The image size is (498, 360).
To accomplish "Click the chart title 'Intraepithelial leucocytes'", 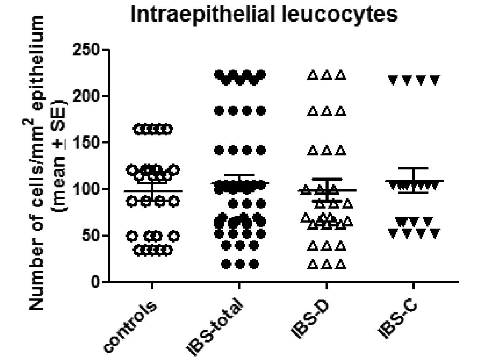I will click(x=264, y=15).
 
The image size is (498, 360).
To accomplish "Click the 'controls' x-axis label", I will click(x=131, y=325).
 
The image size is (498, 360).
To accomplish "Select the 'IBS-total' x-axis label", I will click(x=215, y=327).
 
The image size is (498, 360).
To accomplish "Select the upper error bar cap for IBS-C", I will click(x=413, y=168).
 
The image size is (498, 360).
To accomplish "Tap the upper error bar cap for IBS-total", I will click(x=239, y=175).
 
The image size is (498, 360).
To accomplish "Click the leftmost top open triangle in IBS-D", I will click(x=312, y=76).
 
